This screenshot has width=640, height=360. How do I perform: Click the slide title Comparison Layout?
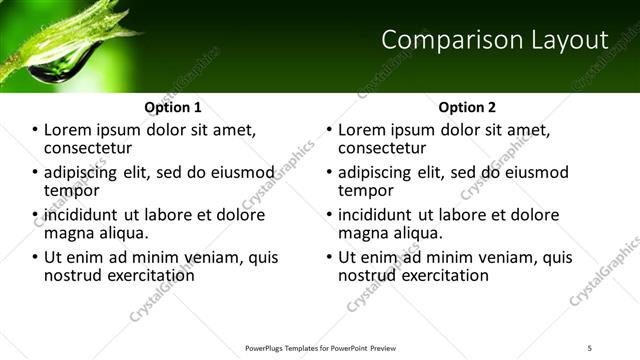(x=495, y=40)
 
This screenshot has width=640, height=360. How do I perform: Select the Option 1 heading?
(x=173, y=107)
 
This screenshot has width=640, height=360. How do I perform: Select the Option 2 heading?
(x=467, y=107)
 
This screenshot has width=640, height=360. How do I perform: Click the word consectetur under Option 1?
(x=91, y=148)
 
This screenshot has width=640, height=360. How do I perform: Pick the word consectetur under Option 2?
(x=385, y=148)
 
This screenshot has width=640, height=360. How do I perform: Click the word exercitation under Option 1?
(x=145, y=274)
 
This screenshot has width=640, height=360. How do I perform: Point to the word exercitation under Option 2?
(x=439, y=274)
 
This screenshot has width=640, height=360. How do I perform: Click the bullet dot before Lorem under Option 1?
(x=36, y=131)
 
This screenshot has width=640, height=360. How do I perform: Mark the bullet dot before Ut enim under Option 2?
(x=330, y=257)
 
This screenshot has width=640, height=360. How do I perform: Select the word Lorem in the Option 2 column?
(x=362, y=130)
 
